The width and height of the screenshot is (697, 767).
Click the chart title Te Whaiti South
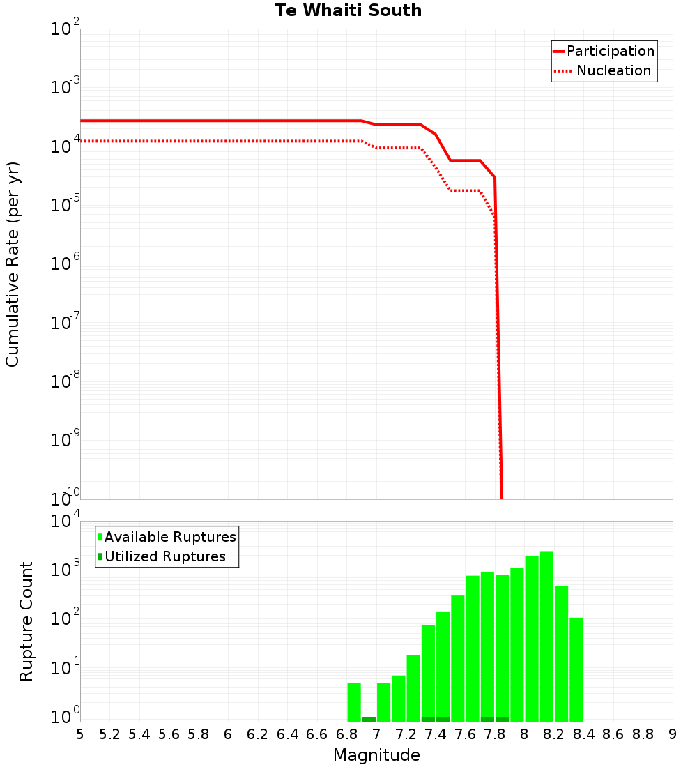(348, 10)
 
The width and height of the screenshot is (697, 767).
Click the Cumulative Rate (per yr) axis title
(13, 264)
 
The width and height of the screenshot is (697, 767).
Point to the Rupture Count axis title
(26, 621)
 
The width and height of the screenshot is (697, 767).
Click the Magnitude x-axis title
(376, 755)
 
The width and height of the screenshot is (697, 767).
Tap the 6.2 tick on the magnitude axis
(258, 734)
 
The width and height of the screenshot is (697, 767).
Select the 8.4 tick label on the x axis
(584, 734)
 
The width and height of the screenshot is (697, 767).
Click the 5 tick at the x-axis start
(80, 734)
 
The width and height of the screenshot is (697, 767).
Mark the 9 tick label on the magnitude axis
(673, 734)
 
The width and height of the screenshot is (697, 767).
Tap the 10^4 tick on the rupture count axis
(66, 522)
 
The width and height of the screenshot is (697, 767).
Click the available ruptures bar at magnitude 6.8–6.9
(354, 701)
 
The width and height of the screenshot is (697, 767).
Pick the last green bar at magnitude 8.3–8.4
(576, 669)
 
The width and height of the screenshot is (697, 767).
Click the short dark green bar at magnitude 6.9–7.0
(369, 719)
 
